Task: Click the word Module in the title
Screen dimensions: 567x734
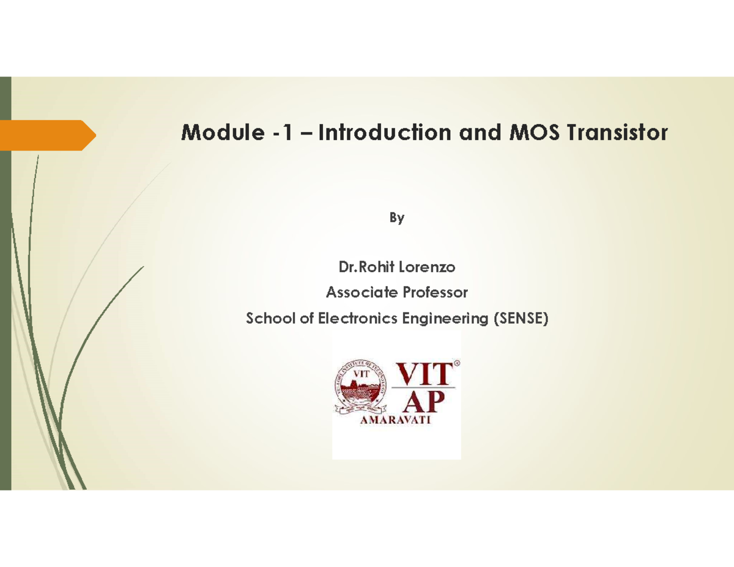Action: tap(216, 132)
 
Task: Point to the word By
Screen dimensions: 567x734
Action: tap(397, 218)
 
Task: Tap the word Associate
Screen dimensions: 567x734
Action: tap(361, 292)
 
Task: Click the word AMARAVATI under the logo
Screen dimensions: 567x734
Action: tap(395, 422)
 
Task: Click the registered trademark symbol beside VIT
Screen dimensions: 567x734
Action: tap(458, 363)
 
